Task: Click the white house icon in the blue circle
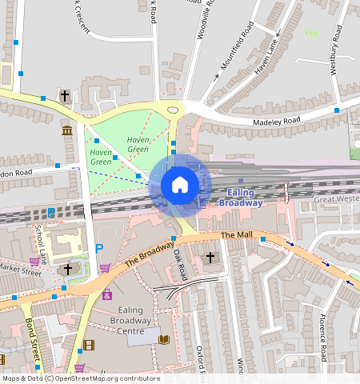tap(180, 185)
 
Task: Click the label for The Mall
tap(236, 235)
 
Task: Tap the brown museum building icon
tap(66, 130)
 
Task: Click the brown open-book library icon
tap(164, 340)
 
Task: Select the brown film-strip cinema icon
tap(88, 346)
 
